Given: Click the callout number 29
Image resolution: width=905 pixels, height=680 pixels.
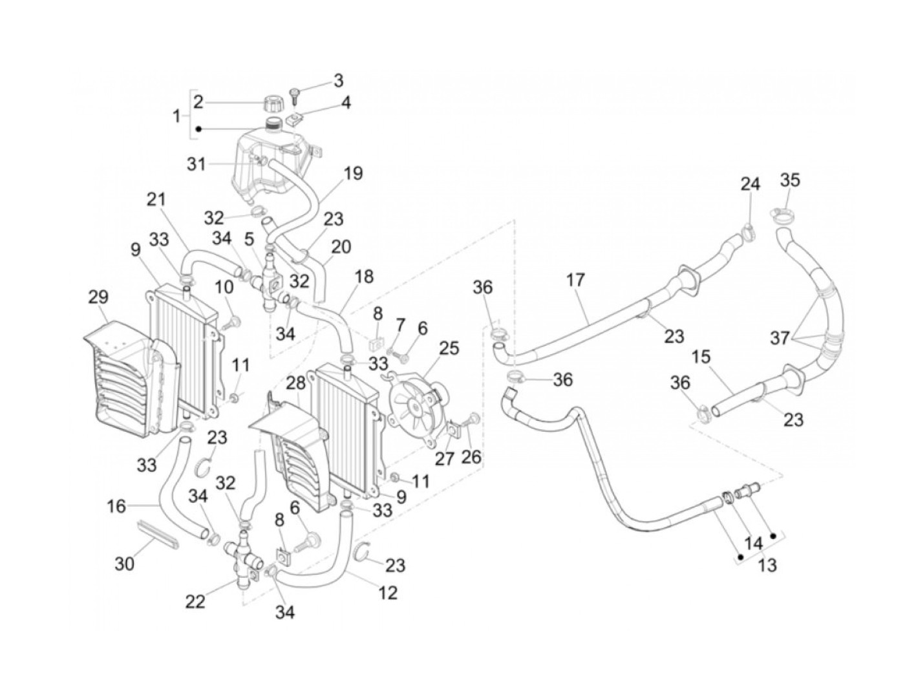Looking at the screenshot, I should [x=99, y=298].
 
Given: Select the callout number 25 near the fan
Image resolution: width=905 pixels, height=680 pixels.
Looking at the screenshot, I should [x=449, y=348].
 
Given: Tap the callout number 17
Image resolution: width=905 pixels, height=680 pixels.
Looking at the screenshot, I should [x=575, y=280].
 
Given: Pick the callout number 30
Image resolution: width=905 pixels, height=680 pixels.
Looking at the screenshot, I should [x=125, y=564].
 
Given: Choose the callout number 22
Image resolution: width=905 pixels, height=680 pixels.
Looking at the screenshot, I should [x=195, y=601].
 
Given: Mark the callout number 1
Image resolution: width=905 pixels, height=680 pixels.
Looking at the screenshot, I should [x=176, y=117].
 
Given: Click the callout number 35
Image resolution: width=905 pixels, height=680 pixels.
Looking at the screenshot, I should [x=789, y=180].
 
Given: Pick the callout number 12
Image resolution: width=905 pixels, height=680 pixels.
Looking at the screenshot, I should [x=388, y=592].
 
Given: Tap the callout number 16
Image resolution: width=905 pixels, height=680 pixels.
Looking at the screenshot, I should [x=116, y=506].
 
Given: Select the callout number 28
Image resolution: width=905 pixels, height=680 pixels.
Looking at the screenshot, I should [x=296, y=383].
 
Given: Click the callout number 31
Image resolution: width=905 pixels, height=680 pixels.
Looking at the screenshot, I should [x=197, y=164].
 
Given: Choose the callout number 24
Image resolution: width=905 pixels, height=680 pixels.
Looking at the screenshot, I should [x=750, y=184].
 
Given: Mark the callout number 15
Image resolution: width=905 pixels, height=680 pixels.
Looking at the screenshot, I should [x=701, y=356].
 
